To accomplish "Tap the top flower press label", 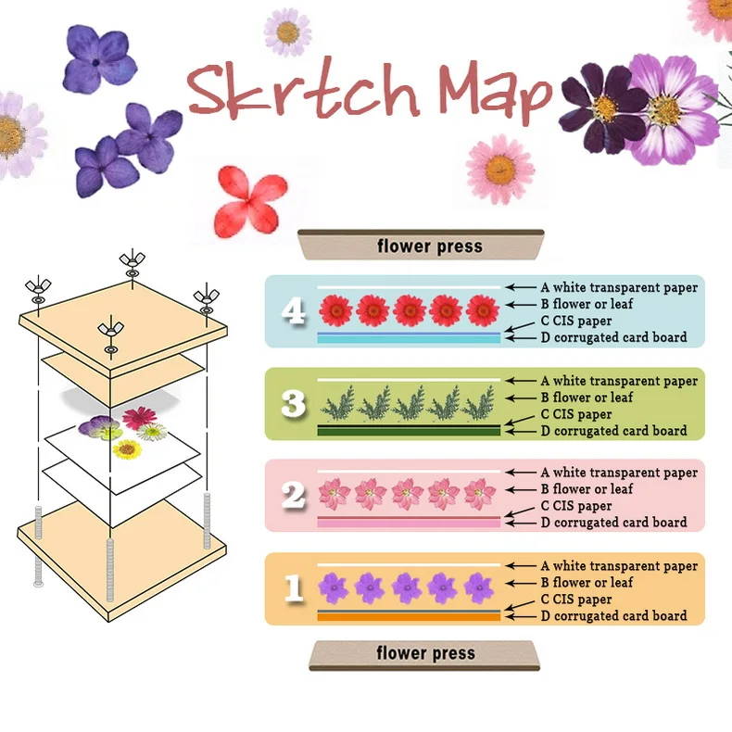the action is (x=429, y=246).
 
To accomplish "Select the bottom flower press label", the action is (x=426, y=653).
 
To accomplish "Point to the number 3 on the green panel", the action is (x=294, y=403).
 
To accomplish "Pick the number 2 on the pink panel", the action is (x=294, y=495).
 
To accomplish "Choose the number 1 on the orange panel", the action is (x=294, y=588).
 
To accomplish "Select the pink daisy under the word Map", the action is (x=499, y=169).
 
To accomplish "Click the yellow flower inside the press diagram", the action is (x=127, y=449).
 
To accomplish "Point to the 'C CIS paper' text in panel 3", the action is (x=576, y=414).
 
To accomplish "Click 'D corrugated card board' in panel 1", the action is (x=613, y=615).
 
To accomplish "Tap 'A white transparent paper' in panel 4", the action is (x=619, y=287).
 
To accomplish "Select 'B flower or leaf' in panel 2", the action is (x=587, y=488).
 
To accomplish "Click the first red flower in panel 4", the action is (x=335, y=309).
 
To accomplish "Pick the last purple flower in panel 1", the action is (x=479, y=587).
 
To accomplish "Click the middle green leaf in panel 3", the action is (x=408, y=404).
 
